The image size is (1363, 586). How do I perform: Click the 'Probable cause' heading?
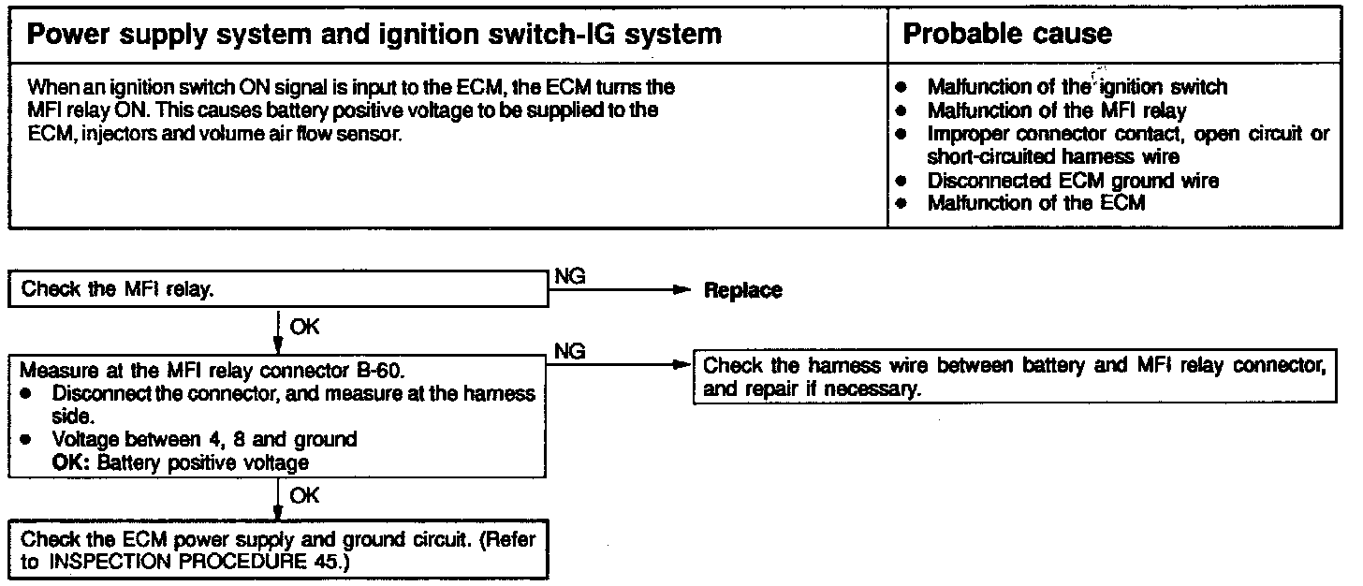1006,35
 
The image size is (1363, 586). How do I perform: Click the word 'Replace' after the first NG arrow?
742,290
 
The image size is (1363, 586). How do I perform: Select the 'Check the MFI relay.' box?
277,289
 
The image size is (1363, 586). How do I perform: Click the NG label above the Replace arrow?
570,276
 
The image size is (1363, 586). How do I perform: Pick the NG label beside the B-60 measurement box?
570,351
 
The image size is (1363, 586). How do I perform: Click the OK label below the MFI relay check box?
304,328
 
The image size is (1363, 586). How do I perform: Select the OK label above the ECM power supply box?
304,496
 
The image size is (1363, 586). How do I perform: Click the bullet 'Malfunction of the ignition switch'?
1077,87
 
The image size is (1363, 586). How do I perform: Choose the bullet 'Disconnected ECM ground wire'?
1073,181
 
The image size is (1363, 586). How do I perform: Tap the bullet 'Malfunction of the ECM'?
1035,202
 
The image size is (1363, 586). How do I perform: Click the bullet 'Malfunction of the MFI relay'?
1057,110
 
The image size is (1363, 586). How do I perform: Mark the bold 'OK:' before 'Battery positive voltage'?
71,461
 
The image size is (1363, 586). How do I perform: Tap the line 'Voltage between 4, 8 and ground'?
204,439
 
